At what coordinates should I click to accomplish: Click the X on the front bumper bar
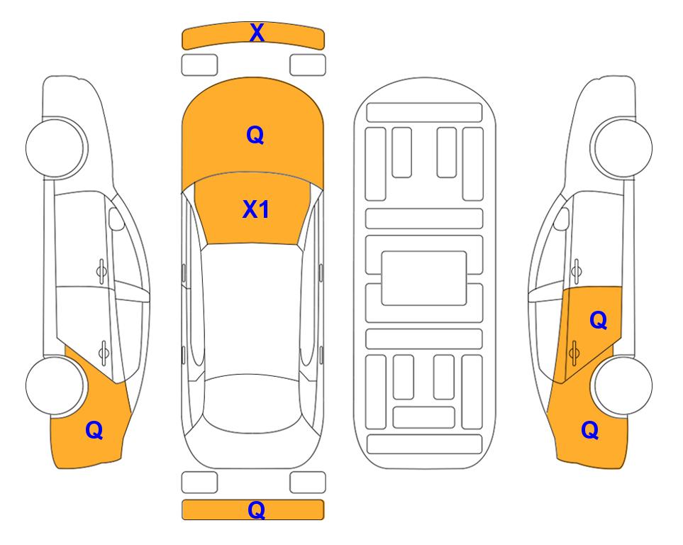pos(257,33)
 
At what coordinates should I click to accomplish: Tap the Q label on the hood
pos(255,135)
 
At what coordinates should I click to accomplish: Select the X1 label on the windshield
pos(256,209)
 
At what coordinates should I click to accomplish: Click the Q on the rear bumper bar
pos(256,510)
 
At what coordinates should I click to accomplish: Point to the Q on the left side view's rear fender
pos(94,430)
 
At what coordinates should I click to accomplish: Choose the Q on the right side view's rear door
pos(599,320)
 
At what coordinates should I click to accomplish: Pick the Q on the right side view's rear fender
pos(590,430)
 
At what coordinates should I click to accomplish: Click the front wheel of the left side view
pos(56,148)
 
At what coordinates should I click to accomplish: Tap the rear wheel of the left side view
pos(55,386)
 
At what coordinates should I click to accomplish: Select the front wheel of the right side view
pos(621,148)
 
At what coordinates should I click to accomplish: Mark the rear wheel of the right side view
pos(622,386)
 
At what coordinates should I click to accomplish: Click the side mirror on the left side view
pos(116,219)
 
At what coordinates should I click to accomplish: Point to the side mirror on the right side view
pos(562,219)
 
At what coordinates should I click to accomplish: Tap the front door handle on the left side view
pos(101,271)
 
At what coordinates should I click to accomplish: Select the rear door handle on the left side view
pos(104,352)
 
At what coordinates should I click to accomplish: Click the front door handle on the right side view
pos(577,271)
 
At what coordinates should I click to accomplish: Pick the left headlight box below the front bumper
pos(199,65)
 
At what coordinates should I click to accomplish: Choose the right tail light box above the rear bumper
pos(308,483)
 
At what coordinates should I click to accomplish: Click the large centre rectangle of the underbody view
pos(424,278)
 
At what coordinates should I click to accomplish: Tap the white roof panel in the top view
pos(252,309)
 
